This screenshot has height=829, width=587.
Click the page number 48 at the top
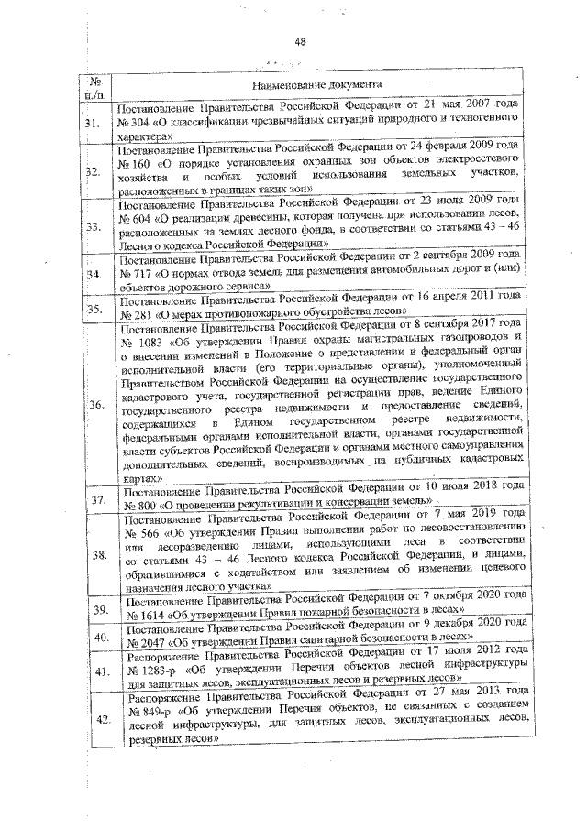300,41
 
